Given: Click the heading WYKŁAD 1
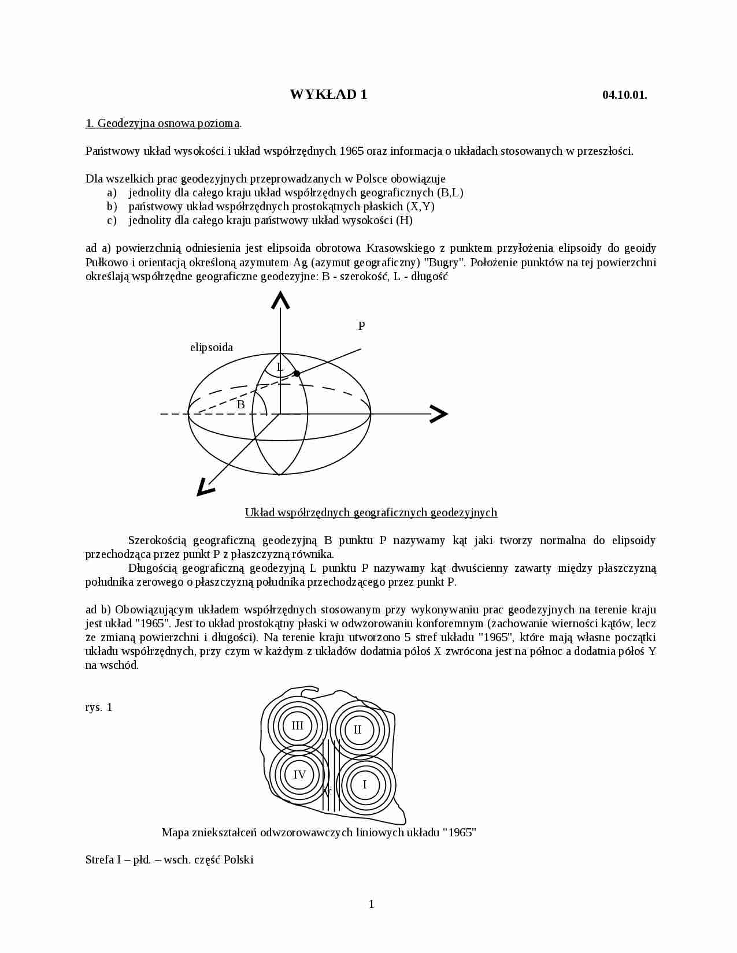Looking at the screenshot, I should (328, 95).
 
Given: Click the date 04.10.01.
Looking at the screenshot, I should (624, 95).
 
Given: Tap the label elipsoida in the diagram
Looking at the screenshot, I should (212, 347).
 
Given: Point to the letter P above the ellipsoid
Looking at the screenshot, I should (362, 326).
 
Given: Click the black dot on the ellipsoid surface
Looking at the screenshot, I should (297, 373).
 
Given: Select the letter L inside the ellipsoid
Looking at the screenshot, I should (280, 367).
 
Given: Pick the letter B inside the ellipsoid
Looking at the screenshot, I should (241, 405).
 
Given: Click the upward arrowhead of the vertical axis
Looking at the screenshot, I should (280, 300).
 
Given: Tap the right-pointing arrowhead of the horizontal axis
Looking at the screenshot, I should (439, 414).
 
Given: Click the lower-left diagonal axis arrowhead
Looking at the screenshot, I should (204, 488).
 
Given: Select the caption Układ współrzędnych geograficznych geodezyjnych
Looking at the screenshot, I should (371, 512).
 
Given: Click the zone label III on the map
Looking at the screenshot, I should (297, 726).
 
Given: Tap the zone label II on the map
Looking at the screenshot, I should (357, 729).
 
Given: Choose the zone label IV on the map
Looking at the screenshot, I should (299, 775).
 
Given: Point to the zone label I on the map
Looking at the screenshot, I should (365, 784).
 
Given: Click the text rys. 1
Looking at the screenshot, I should (99, 707).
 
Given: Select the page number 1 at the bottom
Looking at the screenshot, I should (371, 904).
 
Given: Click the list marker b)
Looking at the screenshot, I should (112, 206).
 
